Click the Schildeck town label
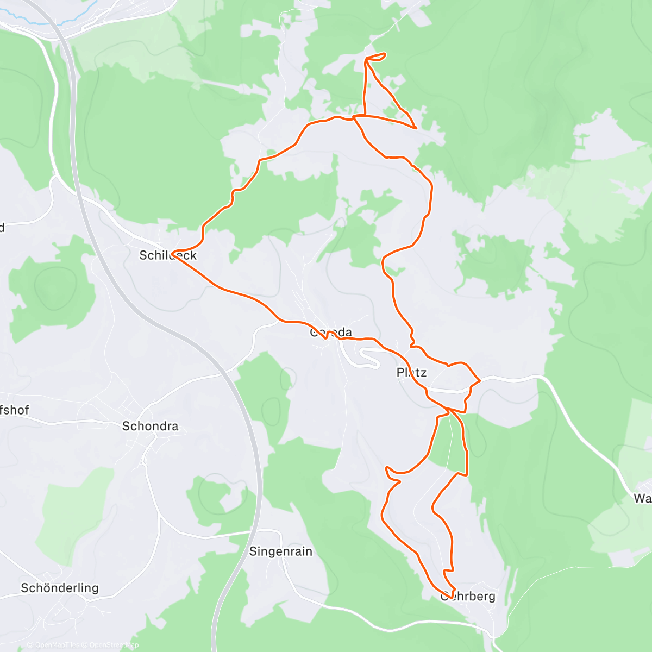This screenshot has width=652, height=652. [168, 255]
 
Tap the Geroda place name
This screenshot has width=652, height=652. [331, 332]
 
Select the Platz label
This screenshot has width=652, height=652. [411, 373]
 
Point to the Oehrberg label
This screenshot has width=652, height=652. [468, 597]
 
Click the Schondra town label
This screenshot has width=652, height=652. [150, 426]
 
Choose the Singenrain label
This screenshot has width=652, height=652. [280, 551]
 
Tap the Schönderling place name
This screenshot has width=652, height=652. [60, 588]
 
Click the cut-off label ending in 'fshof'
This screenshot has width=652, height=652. [15, 410]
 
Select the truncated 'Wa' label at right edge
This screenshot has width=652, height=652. [642, 498]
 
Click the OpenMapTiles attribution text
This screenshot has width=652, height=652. [53, 645]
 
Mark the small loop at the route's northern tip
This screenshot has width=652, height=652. [376, 56]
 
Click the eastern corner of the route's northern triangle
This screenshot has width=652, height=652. [416, 128]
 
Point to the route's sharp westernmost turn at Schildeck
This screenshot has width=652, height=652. [173, 254]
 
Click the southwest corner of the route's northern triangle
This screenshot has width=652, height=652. [354, 116]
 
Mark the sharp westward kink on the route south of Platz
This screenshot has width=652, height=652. [387, 468]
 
